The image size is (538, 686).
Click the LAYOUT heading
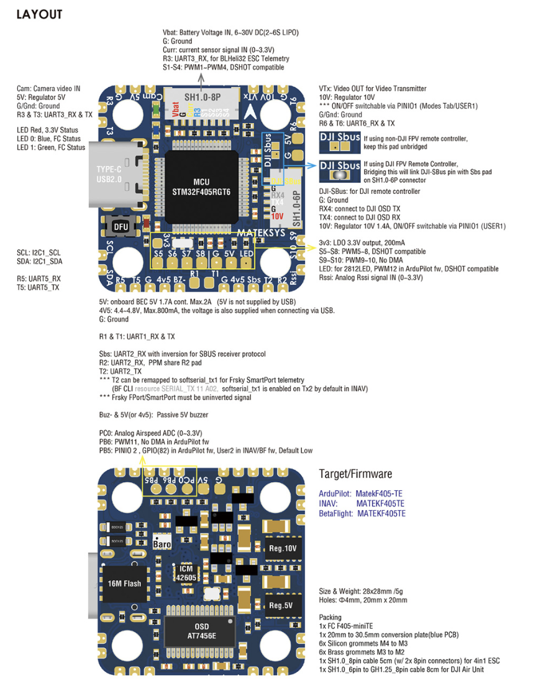tap(39, 14)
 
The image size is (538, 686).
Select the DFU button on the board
tap(121, 227)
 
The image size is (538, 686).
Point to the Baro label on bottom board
tap(162, 544)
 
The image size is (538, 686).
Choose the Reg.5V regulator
tap(281, 605)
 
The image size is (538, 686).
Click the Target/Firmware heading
tap(355, 474)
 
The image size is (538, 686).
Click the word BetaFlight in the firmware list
tap(335, 514)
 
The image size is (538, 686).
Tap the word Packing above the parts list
tap(330, 618)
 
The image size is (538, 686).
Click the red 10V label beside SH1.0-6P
tap(277, 216)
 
